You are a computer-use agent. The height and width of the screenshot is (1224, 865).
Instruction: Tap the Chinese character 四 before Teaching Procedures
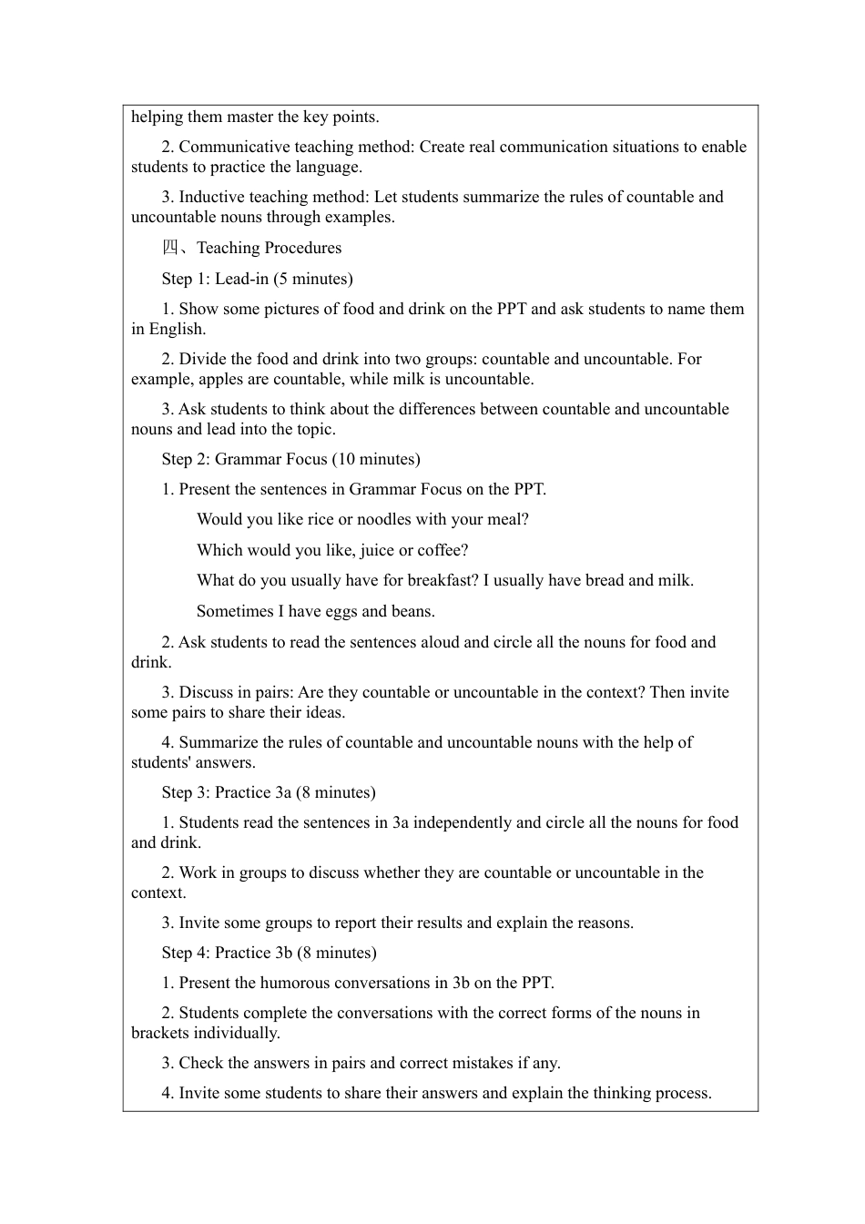tap(170, 248)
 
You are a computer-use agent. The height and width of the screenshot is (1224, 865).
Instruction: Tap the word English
tap(177, 329)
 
